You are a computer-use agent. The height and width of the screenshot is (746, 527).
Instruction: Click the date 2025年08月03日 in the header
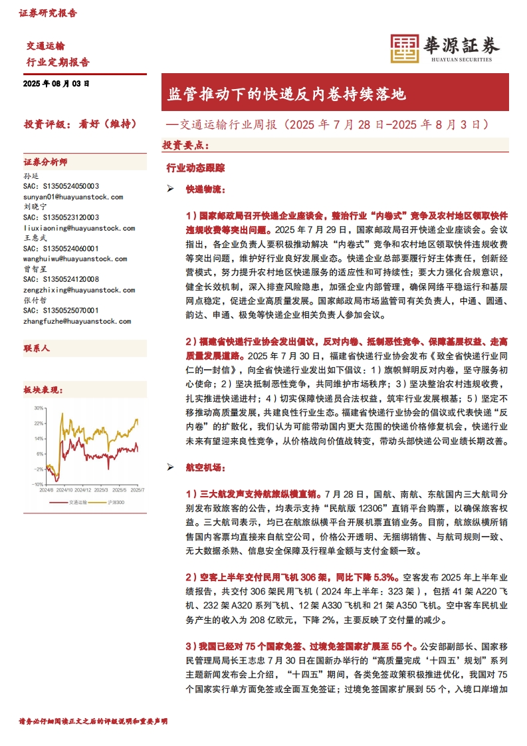pos(56,84)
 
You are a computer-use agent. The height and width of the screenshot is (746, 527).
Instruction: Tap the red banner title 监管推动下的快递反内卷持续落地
pos(286,94)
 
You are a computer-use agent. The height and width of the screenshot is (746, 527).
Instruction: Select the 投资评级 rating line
pos(80,124)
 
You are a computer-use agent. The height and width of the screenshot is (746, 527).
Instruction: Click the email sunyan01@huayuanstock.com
pos(73,197)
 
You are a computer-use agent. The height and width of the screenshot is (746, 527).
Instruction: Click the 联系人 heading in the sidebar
pos(37,348)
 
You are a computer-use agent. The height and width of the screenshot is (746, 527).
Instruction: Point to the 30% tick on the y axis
pos(39,408)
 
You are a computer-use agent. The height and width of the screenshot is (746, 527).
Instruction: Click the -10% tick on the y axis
pos(38,484)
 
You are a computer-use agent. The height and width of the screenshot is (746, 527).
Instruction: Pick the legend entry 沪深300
pos(116,501)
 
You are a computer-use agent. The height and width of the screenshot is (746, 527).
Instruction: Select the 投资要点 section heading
pos(185,144)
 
